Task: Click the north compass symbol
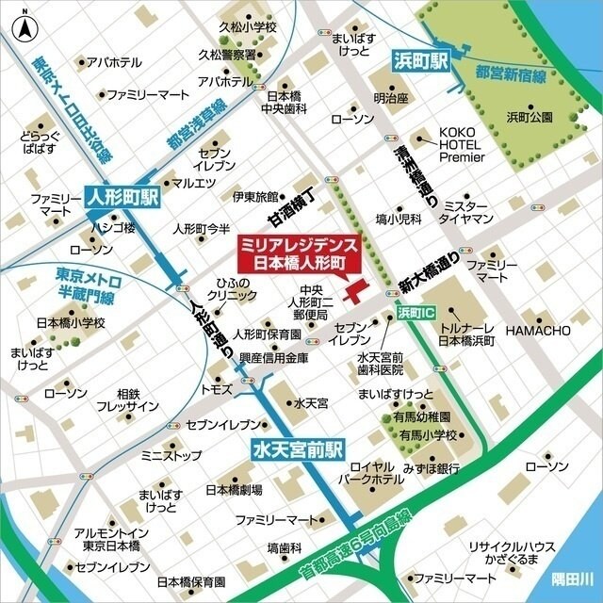tap(23, 25)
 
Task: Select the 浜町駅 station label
tap(417, 61)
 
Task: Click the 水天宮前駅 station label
tap(299, 450)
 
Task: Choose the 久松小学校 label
tap(246, 27)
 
